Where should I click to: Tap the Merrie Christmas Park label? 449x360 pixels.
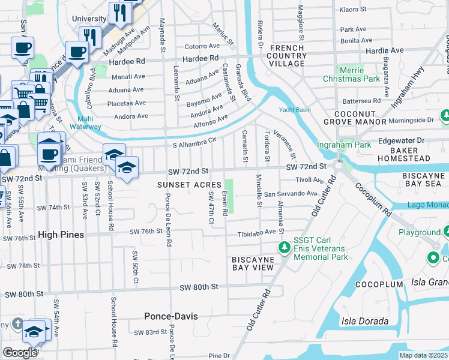tap(352, 74)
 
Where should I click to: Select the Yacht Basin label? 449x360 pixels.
tap(294, 110)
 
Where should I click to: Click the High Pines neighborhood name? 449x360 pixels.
tap(61, 235)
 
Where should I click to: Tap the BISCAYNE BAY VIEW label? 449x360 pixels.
tap(253, 263)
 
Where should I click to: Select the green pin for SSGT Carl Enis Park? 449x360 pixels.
tap(284, 247)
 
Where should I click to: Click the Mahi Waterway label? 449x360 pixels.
tap(85, 122)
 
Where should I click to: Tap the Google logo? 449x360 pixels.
tap(20, 352)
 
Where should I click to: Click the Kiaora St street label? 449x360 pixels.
tap(354, 10)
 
